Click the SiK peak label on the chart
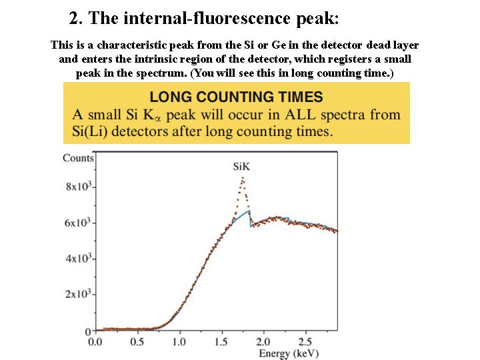click(x=242, y=166)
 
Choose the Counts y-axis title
click(x=78, y=158)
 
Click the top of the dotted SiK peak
click(x=243, y=177)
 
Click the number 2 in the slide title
click(x=74, y=18)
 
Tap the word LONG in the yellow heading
click(x=171, y=97)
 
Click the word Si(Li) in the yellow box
click(x=92, y=131)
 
